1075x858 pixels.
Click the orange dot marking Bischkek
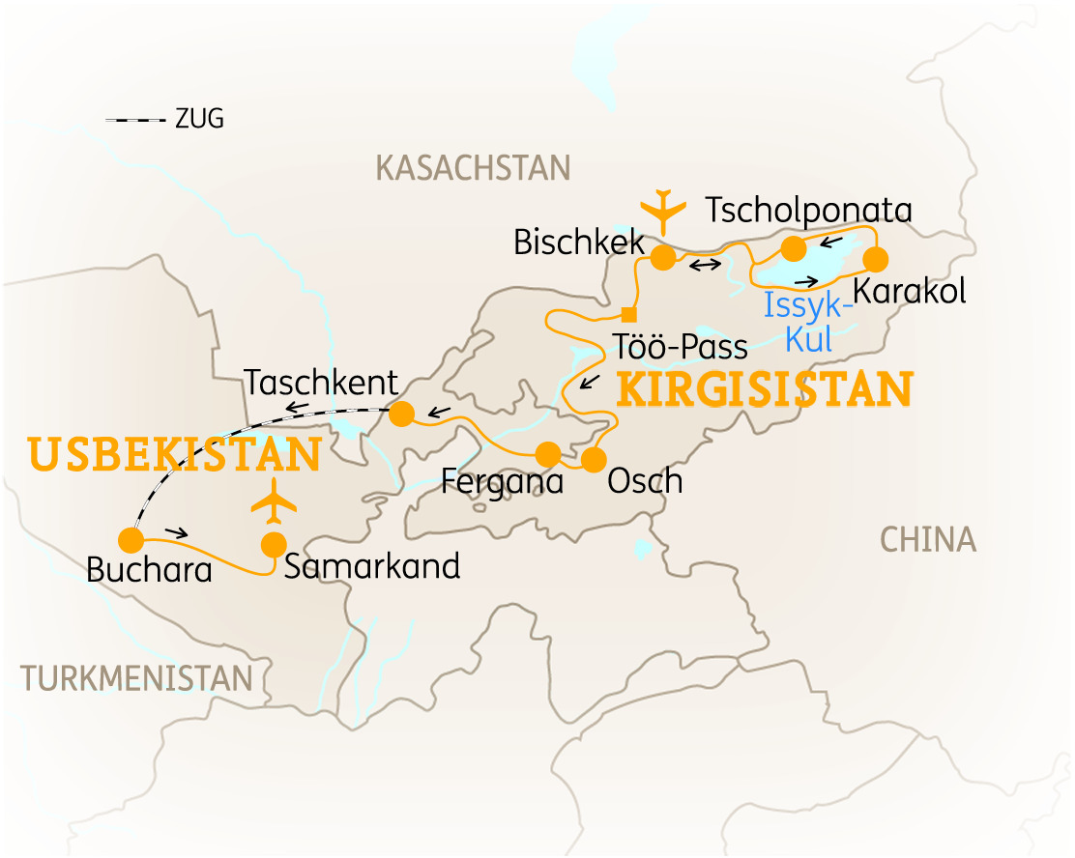[662, 258]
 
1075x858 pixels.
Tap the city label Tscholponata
[809, 210]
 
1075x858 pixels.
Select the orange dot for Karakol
[874, 259]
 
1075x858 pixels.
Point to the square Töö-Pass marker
[628, 313]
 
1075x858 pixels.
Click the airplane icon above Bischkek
[662, 210]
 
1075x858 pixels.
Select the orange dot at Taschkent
[401, 414]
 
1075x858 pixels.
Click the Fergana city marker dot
[547, 453]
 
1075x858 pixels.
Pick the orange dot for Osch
[593, 459]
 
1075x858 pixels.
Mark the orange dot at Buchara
[130, 539]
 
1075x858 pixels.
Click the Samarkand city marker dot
[274, 544]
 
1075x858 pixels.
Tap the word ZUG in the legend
[199, 120]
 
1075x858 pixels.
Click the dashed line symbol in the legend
[136, 120]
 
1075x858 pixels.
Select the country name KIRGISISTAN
[764, 389]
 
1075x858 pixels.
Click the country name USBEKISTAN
[175, 455]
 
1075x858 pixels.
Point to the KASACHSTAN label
[473, 168]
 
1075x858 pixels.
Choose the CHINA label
[928, 540]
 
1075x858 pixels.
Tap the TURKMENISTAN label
[136, 678]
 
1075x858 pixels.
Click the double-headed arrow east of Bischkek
[703, 264]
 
